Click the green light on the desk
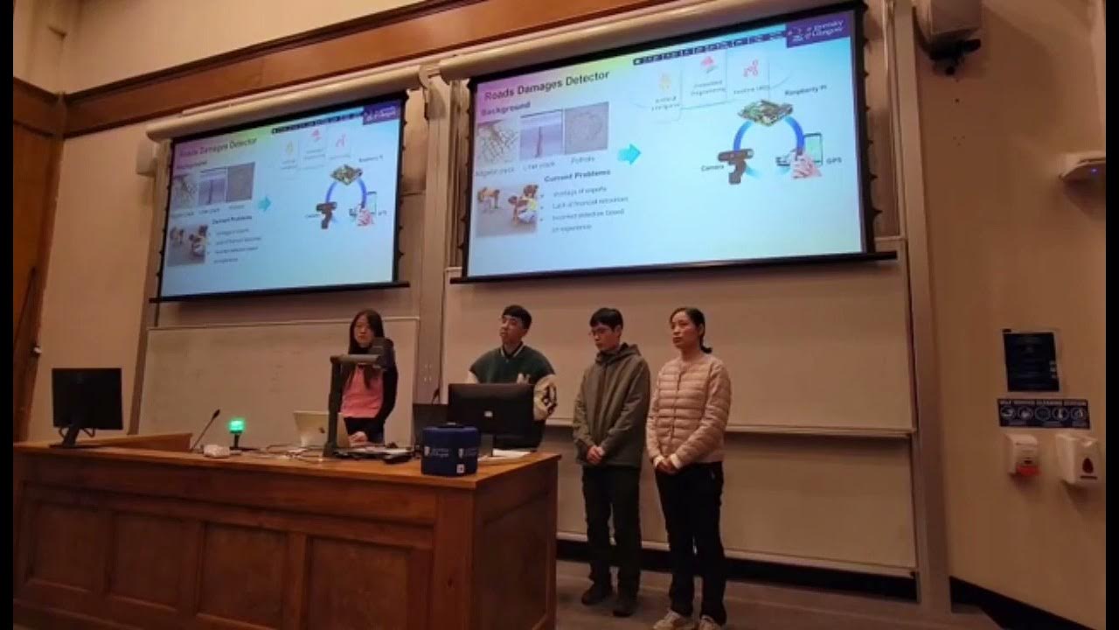235,427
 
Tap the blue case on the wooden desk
449,450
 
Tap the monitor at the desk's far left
87,400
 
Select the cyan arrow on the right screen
629,154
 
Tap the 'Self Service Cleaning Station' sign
1043,412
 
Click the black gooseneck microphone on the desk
206,429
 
